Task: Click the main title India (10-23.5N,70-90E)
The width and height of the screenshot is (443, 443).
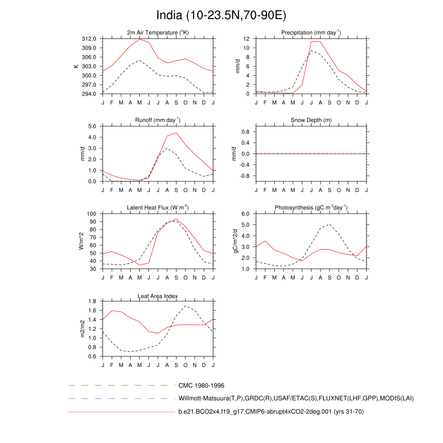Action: (221, 16)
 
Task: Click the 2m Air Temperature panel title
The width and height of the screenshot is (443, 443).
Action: (158, 32)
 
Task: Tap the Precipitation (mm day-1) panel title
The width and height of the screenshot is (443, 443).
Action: (311, 32)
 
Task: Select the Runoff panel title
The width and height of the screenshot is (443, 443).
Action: (158, 120)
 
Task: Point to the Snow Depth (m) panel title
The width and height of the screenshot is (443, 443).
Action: (311, 120)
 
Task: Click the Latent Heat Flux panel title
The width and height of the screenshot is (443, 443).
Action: (158, 208)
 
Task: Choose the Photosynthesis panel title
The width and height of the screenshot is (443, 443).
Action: (311, 208)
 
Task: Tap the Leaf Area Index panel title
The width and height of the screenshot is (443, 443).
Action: (158, 296)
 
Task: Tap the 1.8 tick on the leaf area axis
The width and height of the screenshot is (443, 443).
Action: (94, 302)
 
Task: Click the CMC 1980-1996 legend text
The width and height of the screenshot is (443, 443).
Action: (201, 385)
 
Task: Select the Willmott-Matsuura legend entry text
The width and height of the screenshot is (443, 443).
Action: (296, 398)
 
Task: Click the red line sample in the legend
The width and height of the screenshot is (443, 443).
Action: (121, 412)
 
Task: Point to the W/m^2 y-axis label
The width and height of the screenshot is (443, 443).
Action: (81, 241)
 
